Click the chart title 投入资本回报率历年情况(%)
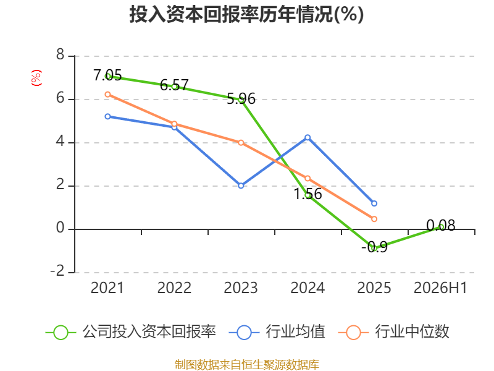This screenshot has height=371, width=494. click(246, 14)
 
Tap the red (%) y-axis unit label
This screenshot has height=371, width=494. click(36, 78)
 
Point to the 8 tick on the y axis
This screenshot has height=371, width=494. click(60, 55)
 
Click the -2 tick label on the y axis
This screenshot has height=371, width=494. click(57, 271)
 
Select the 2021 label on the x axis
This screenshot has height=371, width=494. click(107, 288)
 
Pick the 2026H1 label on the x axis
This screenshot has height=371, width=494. click(440, 288)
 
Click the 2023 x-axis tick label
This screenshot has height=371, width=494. click(241, 288)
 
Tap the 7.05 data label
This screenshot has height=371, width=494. click(107, 75)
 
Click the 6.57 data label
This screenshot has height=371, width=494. click(174, 85)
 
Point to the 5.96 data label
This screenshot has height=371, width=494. click(241, 99)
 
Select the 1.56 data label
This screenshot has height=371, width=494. click(308, 194)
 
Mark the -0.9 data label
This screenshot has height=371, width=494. click(374, 247)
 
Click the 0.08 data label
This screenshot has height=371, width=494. click(441, 225)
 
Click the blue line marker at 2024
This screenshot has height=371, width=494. click(308, 137)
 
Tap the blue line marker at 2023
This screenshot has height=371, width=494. click(241, 186)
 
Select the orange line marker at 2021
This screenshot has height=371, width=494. click(107, 95)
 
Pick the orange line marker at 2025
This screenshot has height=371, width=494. click(374, 219)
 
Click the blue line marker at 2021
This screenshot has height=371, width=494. click(107, 116)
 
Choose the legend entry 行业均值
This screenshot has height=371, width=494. click(277, 332)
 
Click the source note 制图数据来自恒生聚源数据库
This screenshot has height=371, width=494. click(247, 365)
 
